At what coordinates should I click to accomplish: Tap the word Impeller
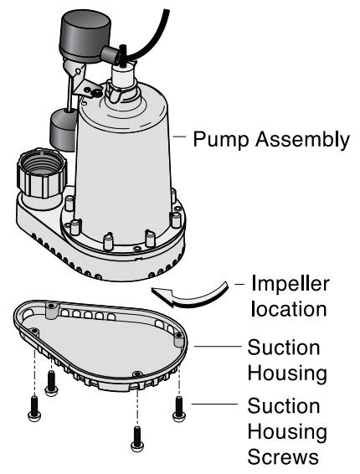(x=282, y=283)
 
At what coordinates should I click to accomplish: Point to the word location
(x=280, y=308)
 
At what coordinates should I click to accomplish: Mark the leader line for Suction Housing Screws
(x=213, y=406)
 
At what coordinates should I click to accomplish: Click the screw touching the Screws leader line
(x=178, y=408)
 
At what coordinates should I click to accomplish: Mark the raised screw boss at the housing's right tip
(x=178, y=340)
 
